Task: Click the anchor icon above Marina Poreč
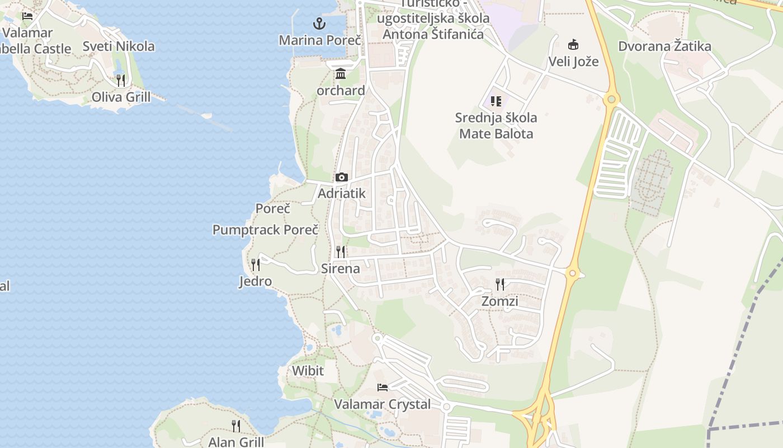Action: pos(319,24)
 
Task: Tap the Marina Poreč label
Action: pos(320,40)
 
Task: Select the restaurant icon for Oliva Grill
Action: pos(121,80)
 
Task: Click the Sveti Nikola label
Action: pos(119,46)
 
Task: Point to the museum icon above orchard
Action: pos(341,74)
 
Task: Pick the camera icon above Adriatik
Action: pos(341,177)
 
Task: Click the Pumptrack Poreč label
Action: pos(265,230)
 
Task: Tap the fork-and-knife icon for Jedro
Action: pos(256,264)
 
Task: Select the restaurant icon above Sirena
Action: pos(341,252)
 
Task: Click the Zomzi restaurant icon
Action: pos(500,284)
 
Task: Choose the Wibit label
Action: pos(308,371)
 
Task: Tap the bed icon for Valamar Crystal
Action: pos(383,387)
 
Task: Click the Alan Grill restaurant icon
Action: pos(236,426)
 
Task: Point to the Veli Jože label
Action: pos(573,62)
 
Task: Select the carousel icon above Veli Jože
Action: pos(573,45)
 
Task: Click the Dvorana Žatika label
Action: pos(664,46)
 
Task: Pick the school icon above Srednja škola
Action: pos(496,101)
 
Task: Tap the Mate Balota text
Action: pos(496,134)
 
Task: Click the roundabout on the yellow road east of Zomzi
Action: pos(572,274)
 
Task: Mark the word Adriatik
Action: pos(341,194)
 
